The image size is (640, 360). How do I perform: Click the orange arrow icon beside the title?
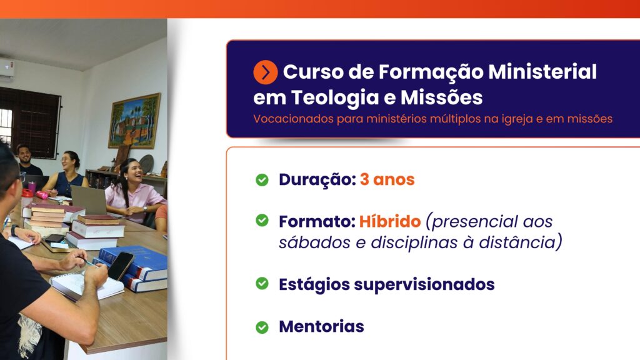[x=265, y=72]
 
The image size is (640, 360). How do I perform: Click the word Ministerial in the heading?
[x=542, y=72]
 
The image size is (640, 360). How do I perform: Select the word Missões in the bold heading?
[x=442, y=97]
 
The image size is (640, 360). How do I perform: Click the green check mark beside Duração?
[x=262, y=179]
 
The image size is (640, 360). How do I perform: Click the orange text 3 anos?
[x=387, y=179]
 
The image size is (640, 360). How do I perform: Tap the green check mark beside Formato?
[x=262, y=221]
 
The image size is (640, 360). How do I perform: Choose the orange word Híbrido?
[x=390, y=221]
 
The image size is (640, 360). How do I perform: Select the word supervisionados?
[x=424, y=285]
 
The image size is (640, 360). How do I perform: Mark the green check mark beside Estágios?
[x=262, y=283]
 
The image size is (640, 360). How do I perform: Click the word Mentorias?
[x=322, y=326]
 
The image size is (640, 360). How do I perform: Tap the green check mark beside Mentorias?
[x=262, y=327]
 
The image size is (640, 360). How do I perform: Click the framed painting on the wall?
[x=134, y=121]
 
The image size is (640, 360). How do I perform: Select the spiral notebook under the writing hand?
[x=86, y=286]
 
